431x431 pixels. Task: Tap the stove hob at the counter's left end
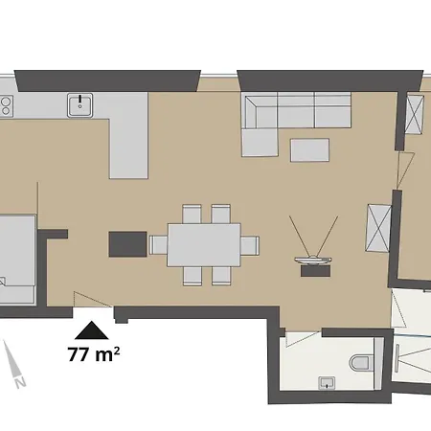click(5, 104)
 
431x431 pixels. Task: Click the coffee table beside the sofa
click(308, 150)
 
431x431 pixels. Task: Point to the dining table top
click(203, 245)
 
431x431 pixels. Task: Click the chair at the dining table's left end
click(156, 245)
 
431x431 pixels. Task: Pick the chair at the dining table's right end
click(249, 245)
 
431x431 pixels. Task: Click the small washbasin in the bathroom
click(328, 383)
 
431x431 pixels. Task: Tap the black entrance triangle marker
click(93, 330)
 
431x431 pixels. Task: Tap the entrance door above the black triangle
click(93, 306)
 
